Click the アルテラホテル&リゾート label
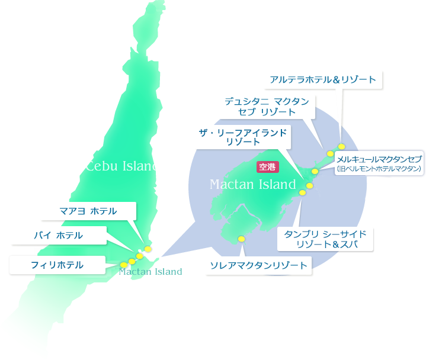323,80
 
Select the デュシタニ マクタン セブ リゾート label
267,107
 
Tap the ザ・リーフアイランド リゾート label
243,137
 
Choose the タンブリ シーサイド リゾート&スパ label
325,239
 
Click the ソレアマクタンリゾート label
259,265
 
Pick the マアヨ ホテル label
88,211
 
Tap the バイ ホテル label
58,235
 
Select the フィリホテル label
57,265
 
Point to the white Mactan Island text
252,184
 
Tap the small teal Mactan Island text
150,272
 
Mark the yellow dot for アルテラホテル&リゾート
341,147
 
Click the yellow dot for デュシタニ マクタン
331,154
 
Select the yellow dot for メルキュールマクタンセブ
315,172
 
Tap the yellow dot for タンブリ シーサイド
302,192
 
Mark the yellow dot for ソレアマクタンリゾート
241,239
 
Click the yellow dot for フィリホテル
123,264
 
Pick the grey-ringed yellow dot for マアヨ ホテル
148,249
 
